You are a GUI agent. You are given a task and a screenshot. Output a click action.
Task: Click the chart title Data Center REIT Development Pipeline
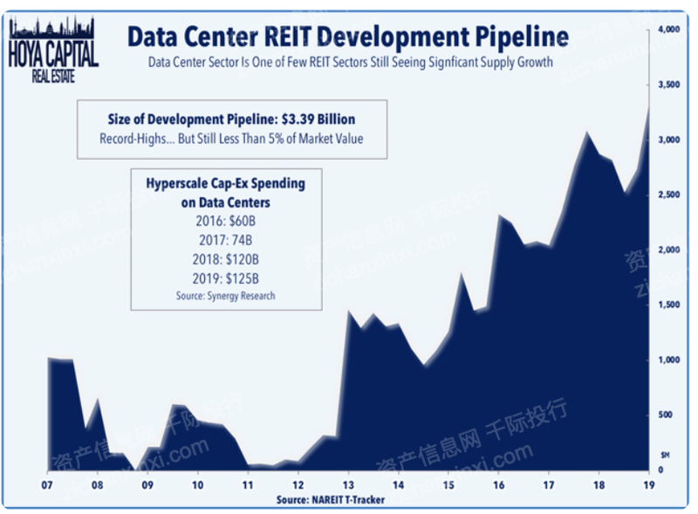[x=347, y=37]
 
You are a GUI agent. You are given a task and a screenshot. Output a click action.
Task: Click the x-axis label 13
[x=348, y=484]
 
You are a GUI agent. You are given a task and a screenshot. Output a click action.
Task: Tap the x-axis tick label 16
[x=499, y=484]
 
